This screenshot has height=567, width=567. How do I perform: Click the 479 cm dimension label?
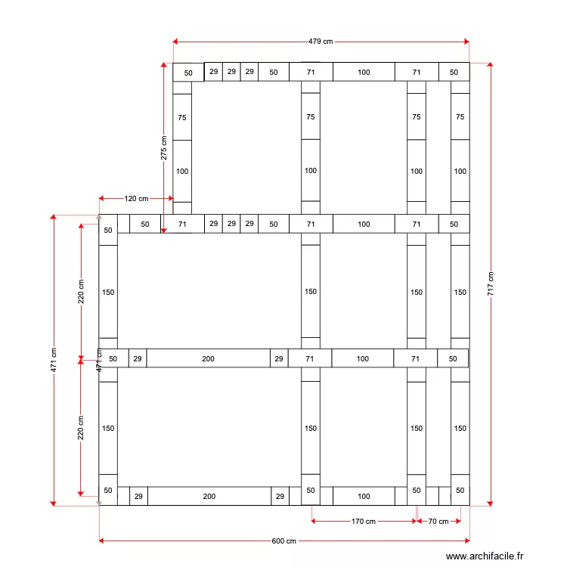(x=321, y=42)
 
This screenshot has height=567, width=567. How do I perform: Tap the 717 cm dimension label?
(x=491, y=283)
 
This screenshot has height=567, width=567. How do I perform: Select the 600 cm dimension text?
(x=284, y=541)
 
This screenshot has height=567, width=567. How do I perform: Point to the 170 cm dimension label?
(x=364, y=521)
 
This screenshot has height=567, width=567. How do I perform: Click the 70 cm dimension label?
(x=438, y=521)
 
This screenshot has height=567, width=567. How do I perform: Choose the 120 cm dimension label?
(x=136, y=199)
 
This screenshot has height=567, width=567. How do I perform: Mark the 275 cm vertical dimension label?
(x=164, y=148)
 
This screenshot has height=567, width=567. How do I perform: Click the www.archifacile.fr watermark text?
(x=484, y=556)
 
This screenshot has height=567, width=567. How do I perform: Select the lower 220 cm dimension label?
(x=82, y=427)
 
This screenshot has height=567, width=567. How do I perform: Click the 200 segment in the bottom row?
(x=209, y=497)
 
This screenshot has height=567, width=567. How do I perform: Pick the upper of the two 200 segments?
(x=208, y=359)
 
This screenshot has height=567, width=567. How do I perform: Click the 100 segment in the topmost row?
(x=364, y=73)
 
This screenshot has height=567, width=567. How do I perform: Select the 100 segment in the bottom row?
(x=364, y=497)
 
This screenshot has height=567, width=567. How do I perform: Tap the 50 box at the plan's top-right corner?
(x=454, y=73)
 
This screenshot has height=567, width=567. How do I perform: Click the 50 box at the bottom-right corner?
(x=460, y=490)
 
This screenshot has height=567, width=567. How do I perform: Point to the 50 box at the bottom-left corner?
(x=108, y=491)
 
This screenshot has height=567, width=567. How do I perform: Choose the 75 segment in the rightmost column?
(x=460, y=117)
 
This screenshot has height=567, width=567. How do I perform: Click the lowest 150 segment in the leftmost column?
(x=108, y=429)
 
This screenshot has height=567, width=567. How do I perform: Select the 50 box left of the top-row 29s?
(x=188, y=73)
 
